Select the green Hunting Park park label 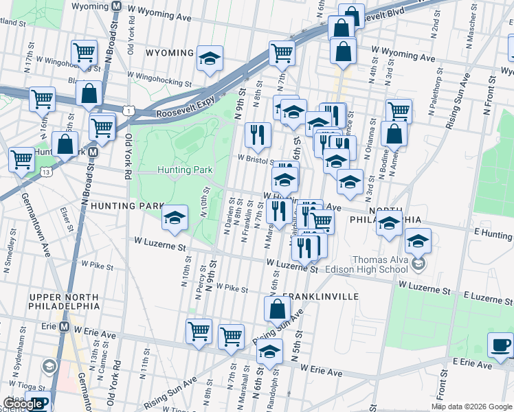(x=185, y=170)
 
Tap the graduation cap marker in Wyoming (x=210, y=58)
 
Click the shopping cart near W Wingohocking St (x=84, y=52)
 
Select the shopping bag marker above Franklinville (x=277, y=309)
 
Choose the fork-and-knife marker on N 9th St (x=258, y=134)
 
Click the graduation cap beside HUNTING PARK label (x=175, y=218)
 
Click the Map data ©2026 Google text (x=471, y=407)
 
